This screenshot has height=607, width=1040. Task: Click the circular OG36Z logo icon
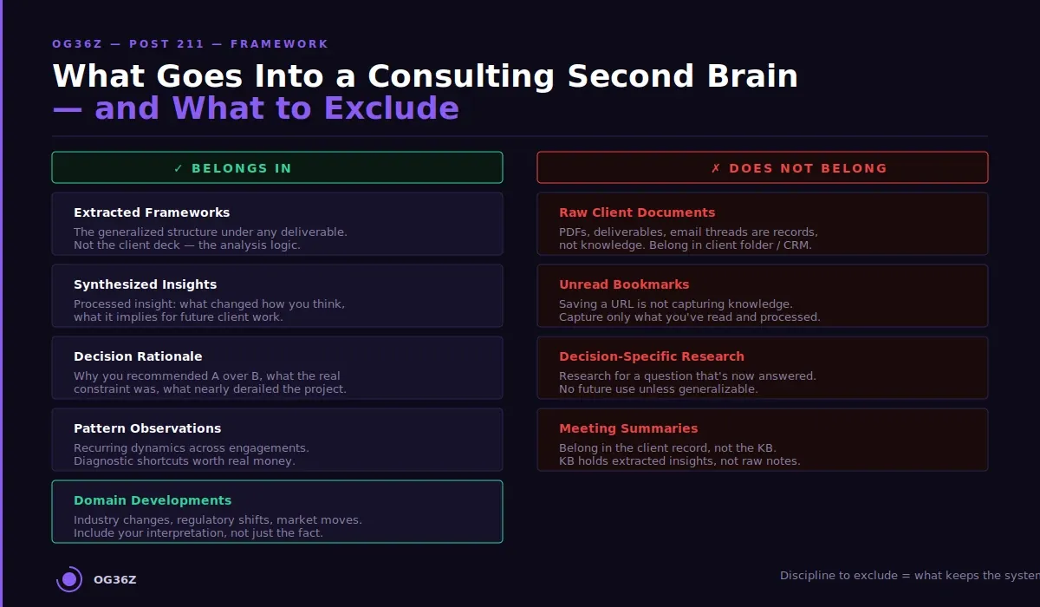[69, 579]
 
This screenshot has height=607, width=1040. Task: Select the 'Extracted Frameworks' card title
[152, 212]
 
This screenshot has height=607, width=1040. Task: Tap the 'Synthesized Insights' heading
[145, 284]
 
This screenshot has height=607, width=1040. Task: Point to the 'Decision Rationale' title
[138, 356]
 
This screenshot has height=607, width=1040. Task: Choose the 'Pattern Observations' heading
[147, 428]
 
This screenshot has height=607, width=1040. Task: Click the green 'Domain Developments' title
[153, 500]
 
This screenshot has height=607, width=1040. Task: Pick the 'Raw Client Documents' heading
[637, 212]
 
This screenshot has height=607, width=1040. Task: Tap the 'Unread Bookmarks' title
[624, 284]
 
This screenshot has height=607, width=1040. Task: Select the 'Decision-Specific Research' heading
[652, 356]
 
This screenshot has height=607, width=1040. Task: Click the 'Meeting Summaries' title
[628, 428]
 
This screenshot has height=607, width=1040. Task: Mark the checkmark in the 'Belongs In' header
[179, 168]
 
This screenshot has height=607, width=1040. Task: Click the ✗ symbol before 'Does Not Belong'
[716, 168]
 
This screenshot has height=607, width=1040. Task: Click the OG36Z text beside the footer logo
[115, 580]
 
